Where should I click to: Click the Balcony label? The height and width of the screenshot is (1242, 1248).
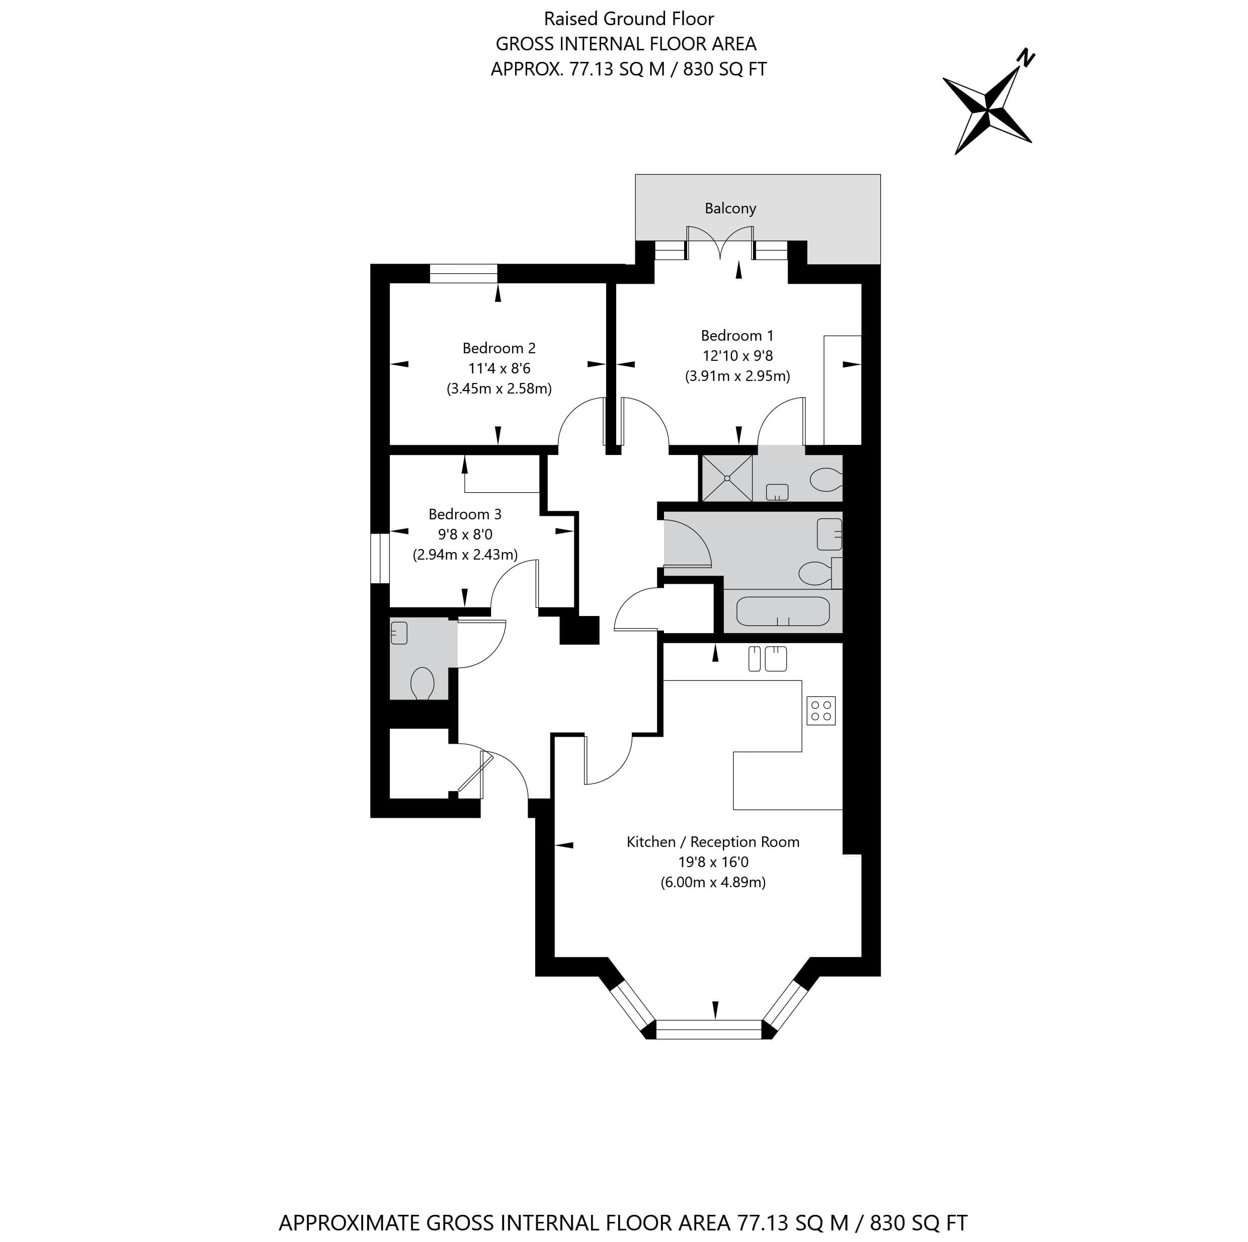730,208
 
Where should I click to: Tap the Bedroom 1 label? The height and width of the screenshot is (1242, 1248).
737,335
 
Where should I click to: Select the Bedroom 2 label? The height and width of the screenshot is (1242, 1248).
498,348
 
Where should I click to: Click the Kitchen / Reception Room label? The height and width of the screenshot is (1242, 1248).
713,842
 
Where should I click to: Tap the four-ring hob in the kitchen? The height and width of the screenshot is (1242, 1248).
821,710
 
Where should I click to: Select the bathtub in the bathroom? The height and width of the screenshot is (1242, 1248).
783,611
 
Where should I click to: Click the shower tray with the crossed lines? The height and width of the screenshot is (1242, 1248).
727,478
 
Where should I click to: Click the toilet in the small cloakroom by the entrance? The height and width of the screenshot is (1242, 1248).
423,683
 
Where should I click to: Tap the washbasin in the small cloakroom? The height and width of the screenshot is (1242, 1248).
399,632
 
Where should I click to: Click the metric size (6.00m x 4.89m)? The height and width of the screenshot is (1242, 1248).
713,882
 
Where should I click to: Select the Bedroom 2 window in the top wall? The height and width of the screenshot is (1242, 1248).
464,274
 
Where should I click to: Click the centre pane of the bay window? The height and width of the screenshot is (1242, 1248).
709,1029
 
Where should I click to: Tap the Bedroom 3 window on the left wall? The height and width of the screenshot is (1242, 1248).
380,558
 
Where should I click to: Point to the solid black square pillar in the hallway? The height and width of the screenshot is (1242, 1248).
579,630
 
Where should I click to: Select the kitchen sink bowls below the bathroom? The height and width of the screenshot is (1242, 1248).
768,658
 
